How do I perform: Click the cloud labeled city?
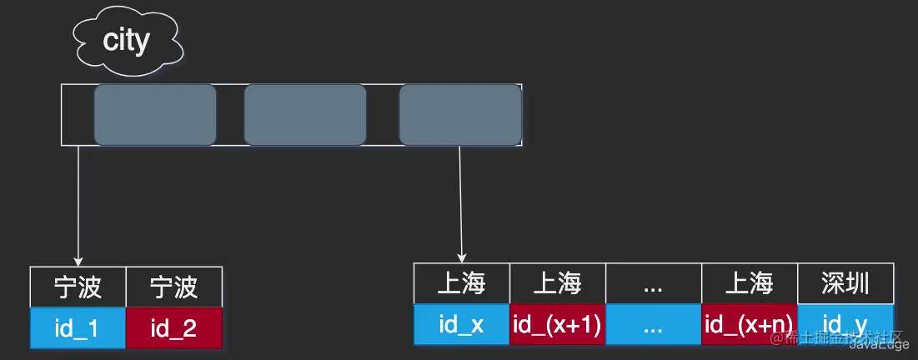126,40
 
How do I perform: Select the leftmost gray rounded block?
155,115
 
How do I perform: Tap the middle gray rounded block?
305,115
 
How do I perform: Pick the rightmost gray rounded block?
460,115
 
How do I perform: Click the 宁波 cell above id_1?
78,287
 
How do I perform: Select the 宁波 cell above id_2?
173,287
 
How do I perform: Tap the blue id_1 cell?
78,327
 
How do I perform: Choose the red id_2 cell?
173,327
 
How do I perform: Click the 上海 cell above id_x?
461,284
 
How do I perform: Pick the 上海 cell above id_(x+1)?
557,284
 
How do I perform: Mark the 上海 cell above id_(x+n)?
749,284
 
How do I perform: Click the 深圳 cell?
845,284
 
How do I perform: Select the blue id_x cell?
461,324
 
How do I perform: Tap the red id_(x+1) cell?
557,324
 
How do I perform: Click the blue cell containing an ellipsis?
653,324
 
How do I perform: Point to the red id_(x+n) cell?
749,324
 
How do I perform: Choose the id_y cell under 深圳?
845,321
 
